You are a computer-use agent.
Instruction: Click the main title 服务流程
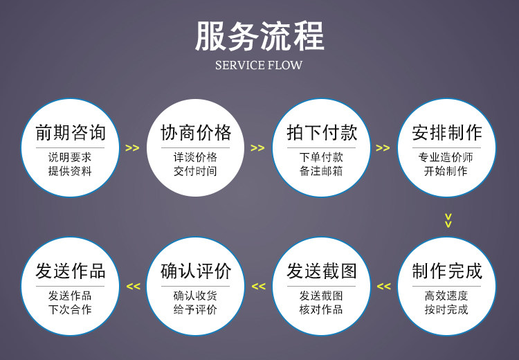pos(259,36)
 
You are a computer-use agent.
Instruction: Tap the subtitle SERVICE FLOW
pos(259,66)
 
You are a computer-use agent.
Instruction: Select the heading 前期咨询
pos(70,132)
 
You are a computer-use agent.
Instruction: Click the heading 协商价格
pos(196,132)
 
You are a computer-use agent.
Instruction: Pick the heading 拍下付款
pos(322,132)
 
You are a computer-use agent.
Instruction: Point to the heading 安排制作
pos(447,132)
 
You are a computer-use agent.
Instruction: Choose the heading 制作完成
pos(447,271)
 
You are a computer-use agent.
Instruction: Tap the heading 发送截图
pos(322,271)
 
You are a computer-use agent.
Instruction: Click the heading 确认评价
pos(196,271)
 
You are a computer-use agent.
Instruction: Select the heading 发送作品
pos(70,271)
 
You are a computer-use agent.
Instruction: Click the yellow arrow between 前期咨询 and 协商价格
pos(132,148)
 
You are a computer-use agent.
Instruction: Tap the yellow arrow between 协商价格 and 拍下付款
pos(257,148)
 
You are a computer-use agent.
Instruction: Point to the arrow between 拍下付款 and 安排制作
pos(383,148)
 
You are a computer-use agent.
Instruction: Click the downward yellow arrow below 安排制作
pos(448,220)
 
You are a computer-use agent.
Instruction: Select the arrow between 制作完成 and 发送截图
pos(383,287)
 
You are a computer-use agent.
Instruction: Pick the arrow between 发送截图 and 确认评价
pos(258,287)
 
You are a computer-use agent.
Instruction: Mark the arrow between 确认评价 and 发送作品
pos(133,287)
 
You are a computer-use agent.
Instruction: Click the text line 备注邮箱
pos(322,170)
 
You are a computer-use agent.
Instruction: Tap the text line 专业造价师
pos(447,157)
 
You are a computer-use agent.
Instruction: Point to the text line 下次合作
pos(70,309)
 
